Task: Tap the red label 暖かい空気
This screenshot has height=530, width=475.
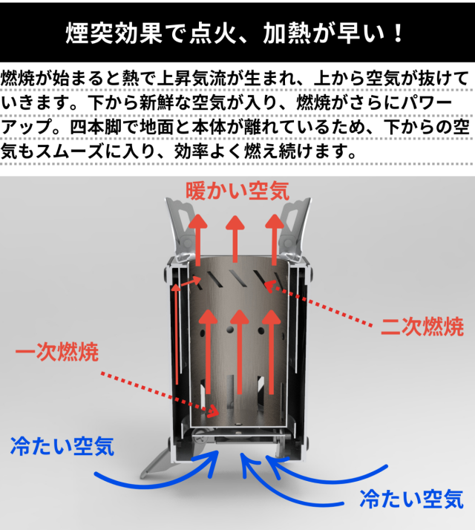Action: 237,191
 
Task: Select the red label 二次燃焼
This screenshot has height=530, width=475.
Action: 422,327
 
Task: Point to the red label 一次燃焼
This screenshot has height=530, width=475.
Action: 57,352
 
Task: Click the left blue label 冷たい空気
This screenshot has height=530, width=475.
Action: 62,446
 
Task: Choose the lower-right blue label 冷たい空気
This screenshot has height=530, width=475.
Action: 411,499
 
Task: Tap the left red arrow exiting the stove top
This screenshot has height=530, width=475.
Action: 197,240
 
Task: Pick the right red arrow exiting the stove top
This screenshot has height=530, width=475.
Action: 274,240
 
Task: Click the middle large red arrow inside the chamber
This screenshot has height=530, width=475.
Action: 240,352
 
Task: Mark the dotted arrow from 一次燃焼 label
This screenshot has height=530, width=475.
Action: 160,393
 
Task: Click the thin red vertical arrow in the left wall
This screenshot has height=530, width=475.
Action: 176,334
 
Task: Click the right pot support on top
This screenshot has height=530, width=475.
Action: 295,231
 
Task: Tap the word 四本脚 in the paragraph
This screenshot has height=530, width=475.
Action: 95,127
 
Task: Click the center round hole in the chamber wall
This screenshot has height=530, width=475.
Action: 230,330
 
